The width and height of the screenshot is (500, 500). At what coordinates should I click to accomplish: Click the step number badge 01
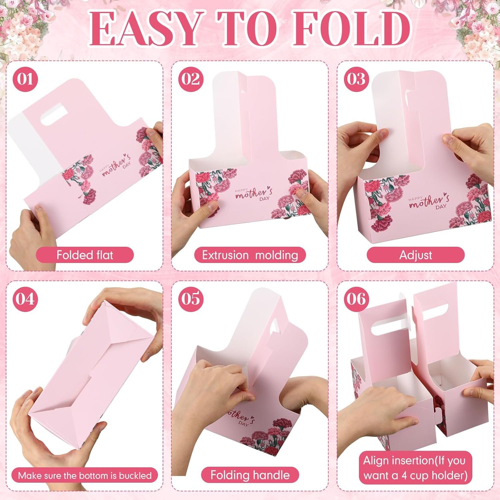point(25,80)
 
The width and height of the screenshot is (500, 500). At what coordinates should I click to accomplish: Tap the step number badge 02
point(191,80)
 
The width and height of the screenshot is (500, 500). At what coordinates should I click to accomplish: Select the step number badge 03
point(356,80)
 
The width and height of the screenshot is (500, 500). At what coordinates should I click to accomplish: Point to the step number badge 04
point(25,299)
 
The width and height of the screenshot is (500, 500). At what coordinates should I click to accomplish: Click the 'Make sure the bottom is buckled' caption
point(85,475)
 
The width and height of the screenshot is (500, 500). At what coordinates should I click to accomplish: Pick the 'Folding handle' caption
point(250,475)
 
